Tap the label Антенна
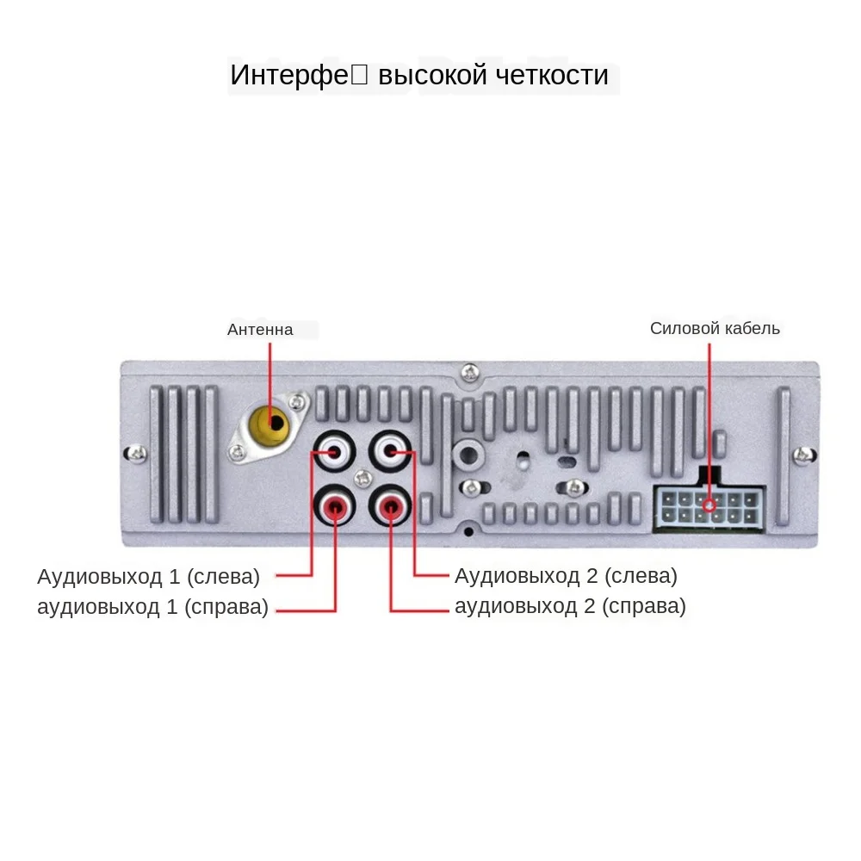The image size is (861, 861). (260, 330)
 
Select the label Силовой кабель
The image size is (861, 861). (715, 328)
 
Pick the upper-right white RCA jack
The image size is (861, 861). (390, 451)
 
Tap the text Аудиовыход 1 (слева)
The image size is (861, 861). (148, 575)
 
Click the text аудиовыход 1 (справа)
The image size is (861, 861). (152, 607)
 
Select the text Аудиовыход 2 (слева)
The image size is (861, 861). (566, 575)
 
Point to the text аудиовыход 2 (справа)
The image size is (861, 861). (570, 607)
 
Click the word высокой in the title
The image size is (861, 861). (435, 75)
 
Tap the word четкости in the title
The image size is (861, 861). (553, 75)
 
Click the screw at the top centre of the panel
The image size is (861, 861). (469, 372)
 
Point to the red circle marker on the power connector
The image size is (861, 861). (709, 506)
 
